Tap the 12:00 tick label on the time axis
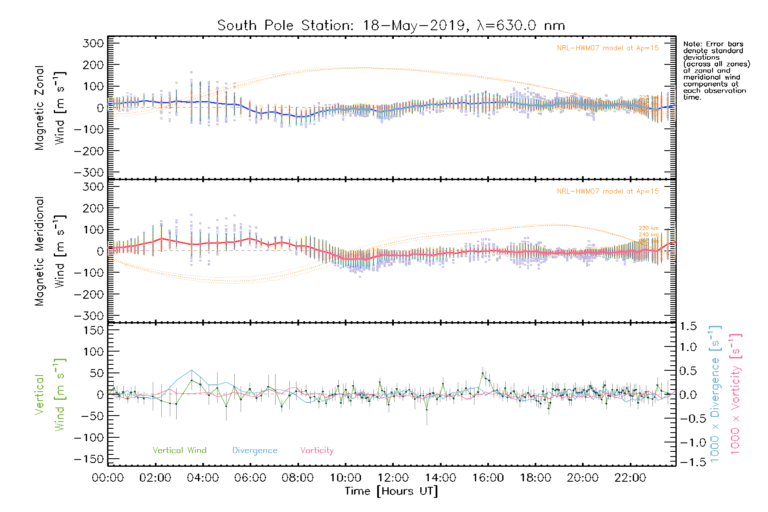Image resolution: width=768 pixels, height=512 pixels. [393, 478]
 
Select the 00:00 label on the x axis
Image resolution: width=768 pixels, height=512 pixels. [108, 478]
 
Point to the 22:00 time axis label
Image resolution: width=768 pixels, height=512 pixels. [630, 478]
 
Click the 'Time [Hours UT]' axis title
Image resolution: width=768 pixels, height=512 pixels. [391, 492]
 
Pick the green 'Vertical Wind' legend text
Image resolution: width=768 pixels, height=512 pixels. [179, 451]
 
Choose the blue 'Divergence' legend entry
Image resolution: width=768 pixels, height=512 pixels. [255, 451]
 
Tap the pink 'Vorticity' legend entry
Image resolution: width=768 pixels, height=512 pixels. [317, 451]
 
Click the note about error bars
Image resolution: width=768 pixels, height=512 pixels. [716, 70]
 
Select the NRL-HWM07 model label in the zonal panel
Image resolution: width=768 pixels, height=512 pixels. [608, 48]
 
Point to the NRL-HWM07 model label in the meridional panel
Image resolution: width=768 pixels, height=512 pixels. [608, 192]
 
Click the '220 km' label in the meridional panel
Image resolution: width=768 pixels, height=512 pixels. [649, 228]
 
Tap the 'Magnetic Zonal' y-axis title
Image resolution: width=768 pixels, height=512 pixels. [39, 108]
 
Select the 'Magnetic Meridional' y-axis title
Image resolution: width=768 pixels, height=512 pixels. [39, 251]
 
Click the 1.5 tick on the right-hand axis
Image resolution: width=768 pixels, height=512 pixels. [688, 326]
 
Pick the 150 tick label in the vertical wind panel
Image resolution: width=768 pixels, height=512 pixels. [93, 330]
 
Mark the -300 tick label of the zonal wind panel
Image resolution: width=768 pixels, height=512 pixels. [89, 173]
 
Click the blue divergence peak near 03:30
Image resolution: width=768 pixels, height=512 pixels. [192, 370]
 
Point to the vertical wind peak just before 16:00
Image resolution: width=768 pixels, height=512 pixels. [483, 373]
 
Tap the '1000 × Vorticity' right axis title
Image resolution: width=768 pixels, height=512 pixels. [735, 394]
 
